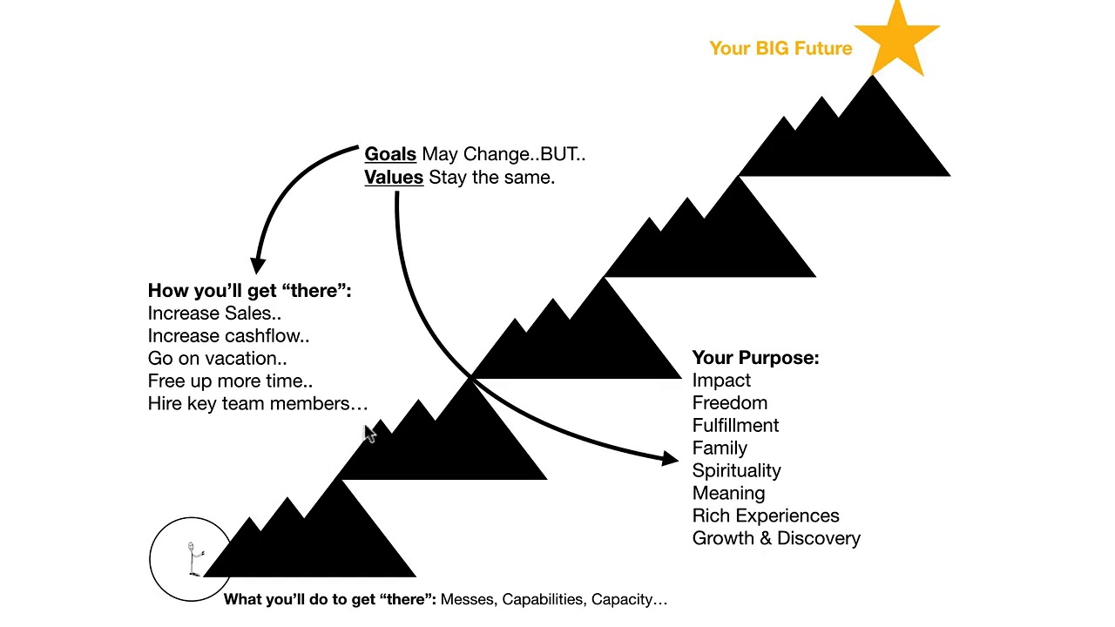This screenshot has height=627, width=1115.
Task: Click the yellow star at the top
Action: point(896,39)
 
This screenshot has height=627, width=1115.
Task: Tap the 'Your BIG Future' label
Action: point(780,49)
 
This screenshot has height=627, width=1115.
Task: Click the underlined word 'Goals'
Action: point(389,154)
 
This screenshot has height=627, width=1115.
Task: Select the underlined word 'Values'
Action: point(394,178)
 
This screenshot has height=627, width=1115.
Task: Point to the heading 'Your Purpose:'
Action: point(755,358)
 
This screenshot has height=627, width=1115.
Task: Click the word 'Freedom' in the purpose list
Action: point(730,403)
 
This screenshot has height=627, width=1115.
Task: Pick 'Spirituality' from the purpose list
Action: point(736,471)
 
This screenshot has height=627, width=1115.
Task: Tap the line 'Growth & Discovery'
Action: point(776,538)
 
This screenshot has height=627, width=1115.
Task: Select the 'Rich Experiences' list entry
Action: point(766,516)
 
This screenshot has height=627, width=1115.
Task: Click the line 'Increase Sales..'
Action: point(214,313)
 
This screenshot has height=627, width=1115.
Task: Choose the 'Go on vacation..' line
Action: point(217,359)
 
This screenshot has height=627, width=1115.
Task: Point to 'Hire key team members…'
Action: point(258,404)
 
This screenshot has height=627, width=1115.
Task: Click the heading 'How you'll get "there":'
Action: point(249,291)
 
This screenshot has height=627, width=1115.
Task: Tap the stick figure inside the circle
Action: point(193,557)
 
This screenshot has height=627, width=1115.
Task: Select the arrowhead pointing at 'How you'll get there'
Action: point(258,265)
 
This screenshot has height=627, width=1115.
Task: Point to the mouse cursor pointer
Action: point(369,435)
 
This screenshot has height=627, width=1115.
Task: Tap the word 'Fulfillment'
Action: point(735,426)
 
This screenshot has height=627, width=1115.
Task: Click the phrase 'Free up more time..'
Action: point(230,381)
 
